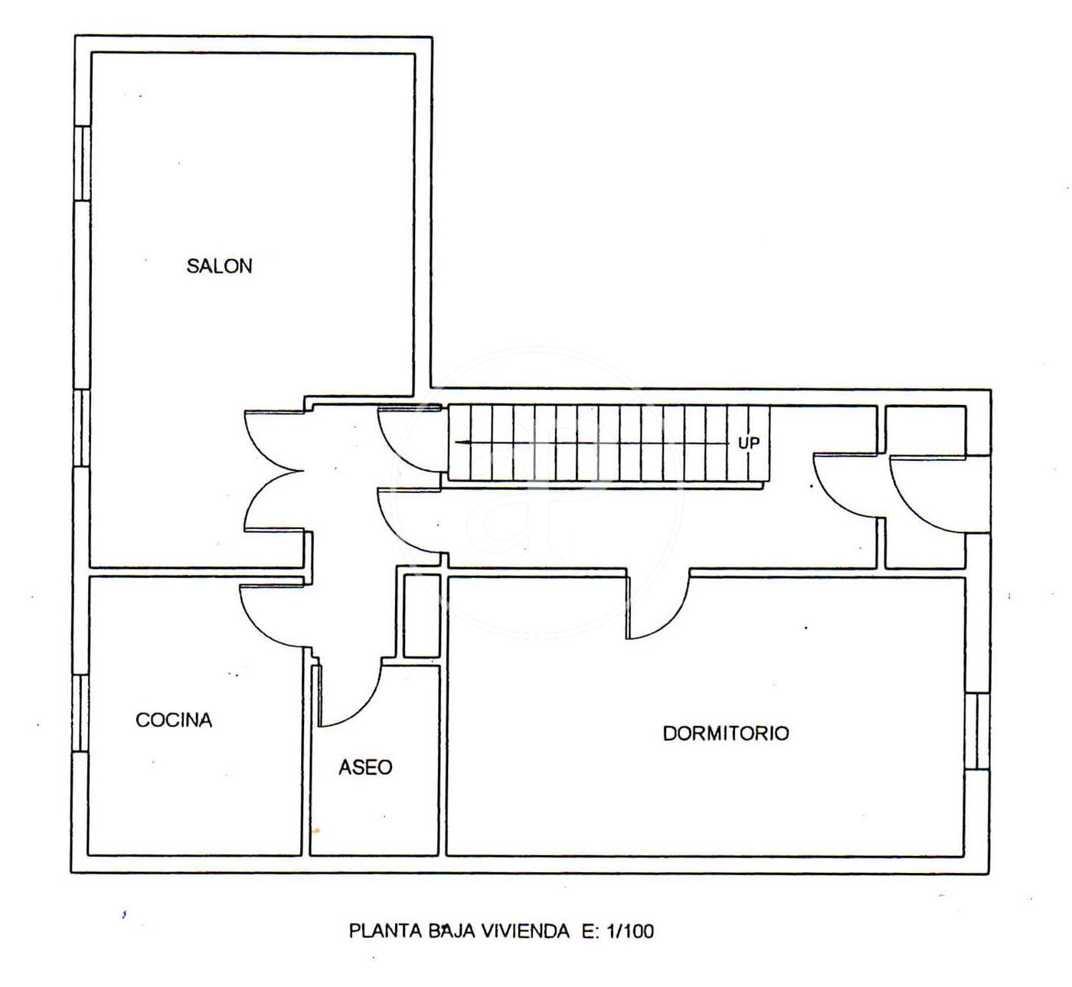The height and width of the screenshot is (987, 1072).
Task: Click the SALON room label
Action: pyautogui.click(x=219, y=266)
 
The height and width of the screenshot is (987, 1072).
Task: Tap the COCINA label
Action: pyautogui.click(x=174, y=721)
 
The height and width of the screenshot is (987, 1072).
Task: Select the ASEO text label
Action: pyautogui.click(x=365, y=767)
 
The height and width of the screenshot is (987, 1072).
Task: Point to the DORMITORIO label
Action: pyautogui.click(x=726, y=734)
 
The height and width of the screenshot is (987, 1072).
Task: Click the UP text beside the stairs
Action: pyautogui.click(x=748, y=443)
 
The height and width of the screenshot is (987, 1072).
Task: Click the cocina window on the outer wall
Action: pyautogui.click(x=80, y=713)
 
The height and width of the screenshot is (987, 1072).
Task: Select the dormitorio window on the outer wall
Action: pyautogui.click(x=977, y=730)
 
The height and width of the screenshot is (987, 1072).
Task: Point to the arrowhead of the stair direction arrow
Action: pyautogui.click(x=459, y=443)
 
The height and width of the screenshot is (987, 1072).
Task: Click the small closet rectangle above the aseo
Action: pyautogui.click(x=421, y=616)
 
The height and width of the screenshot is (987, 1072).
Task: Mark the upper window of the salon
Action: pyautogui.click(x=82, y=163)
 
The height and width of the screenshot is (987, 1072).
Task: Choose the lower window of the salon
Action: pyautogui.click(x=82, y=428)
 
